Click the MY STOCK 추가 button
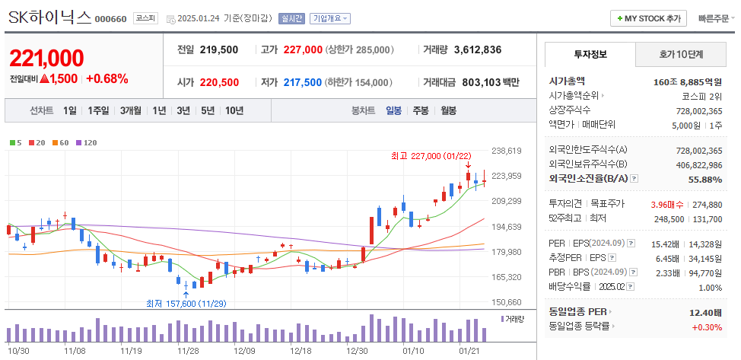click(x=649, y=18)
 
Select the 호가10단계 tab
click(x=681, y=54)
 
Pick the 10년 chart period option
click(x=234, y=110)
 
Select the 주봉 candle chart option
click(x=421, y=110)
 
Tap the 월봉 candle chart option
click(x=448, y=110)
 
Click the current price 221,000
click(x=46, y=58)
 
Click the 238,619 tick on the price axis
click(x=507, y=151)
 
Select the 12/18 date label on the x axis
click(x=301, y=351)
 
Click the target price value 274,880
click(x=706, y=204)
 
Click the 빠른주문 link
click(x=717, y=18)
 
